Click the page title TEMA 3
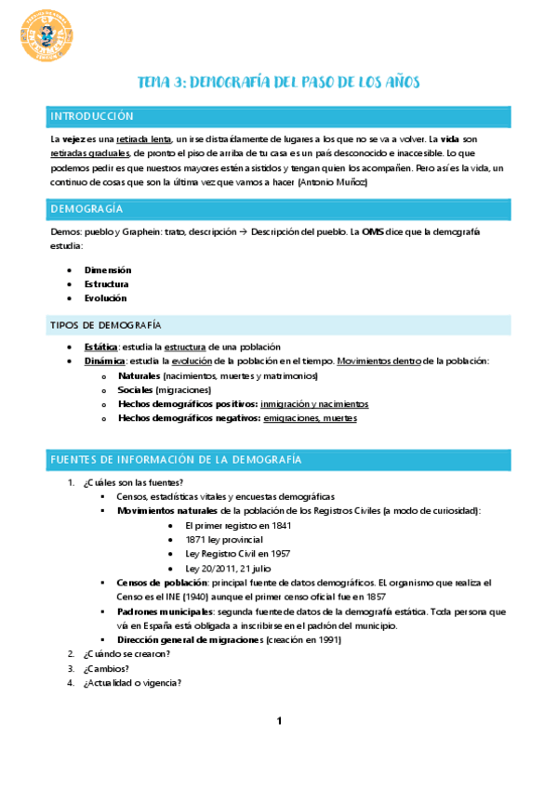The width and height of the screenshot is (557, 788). [278, 83]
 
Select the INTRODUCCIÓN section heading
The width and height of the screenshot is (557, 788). [92, 116]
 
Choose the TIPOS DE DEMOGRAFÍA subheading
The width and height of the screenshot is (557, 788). [105, 324]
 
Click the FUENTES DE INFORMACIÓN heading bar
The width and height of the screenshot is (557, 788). [176, 460]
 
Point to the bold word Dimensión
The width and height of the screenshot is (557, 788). [107, 269]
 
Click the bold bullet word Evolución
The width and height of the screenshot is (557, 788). [105, 298]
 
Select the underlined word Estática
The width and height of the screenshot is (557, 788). [99, 346]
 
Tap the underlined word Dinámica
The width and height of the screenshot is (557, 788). [101, 361]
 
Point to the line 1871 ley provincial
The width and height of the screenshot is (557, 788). [224, 539]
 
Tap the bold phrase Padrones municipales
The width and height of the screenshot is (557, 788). [164, 612]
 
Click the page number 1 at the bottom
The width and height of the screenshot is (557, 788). [279, 721]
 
